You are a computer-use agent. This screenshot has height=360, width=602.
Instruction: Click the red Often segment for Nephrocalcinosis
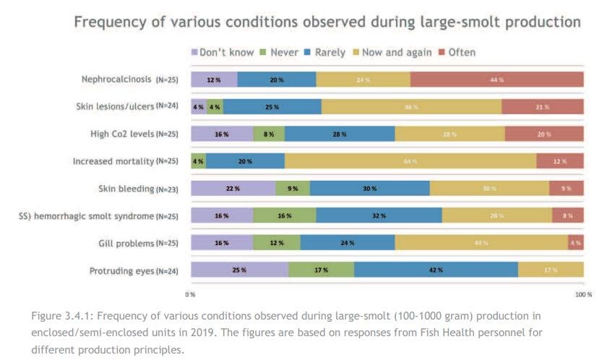496,80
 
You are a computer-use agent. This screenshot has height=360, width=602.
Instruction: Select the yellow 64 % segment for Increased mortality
410,161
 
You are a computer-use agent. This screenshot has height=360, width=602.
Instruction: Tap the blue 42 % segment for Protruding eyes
436,270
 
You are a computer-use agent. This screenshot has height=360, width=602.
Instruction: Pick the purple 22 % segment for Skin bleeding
233,189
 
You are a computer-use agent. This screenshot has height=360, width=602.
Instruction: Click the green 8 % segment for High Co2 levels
269,134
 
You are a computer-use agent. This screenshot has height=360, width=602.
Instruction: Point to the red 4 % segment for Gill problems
575,243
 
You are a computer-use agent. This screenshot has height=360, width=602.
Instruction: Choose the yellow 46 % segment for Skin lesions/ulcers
411,107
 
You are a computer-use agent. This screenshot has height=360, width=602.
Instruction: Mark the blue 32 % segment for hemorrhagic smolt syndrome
379,215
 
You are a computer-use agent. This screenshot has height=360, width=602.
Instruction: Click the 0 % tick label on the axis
191,295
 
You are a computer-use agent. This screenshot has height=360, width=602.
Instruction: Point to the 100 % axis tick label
582,295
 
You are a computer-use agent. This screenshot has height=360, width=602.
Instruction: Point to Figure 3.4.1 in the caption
62,317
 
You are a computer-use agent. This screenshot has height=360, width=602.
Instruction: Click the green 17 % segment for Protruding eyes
321,270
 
